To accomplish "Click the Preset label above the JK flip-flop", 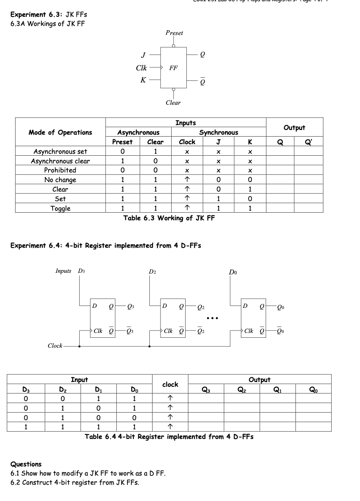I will coord(174,33).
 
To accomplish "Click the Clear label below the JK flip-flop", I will coord(173,103).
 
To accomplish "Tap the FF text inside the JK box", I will coord(173,68).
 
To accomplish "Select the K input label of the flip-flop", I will coord(143,80).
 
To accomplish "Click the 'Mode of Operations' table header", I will coord(60,133).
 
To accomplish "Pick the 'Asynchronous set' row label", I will coord(60,152).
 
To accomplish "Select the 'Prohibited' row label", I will coord(60,170).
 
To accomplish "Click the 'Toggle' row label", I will coord(60,208).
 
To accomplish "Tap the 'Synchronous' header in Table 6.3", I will coord(219,133).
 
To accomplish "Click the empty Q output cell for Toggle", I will coord(280,208).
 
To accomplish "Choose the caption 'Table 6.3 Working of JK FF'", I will coord(169,218).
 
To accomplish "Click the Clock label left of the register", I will coord(55,346).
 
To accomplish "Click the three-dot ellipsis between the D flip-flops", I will coord(212,318).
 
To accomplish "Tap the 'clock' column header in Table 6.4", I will coord(170,385).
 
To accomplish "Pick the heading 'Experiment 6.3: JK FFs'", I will coord(49,15).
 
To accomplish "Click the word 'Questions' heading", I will coord(26,464).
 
